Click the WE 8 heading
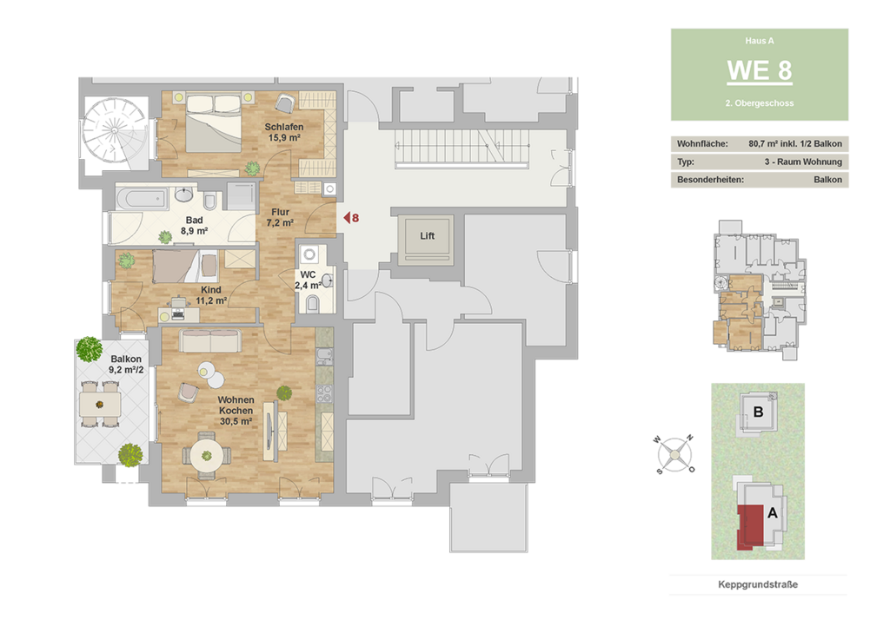coord(760,71)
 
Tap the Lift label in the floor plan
coord(427,236)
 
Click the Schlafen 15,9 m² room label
coord(284,132)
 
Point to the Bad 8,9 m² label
coord(194,225)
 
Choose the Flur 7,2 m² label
coord(280,217)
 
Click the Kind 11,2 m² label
coord(211,295)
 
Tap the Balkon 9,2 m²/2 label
coord(126,364)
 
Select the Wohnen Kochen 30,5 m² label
coord(236,411)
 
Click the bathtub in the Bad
coord(142,199)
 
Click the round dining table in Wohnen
coord(207,456)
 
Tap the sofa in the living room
coord(210,341)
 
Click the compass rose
coord(674,455)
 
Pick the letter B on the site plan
coord(758,412)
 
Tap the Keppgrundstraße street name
coord(758,584)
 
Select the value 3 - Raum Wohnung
coord(803,162)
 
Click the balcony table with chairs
coord(100,405)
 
